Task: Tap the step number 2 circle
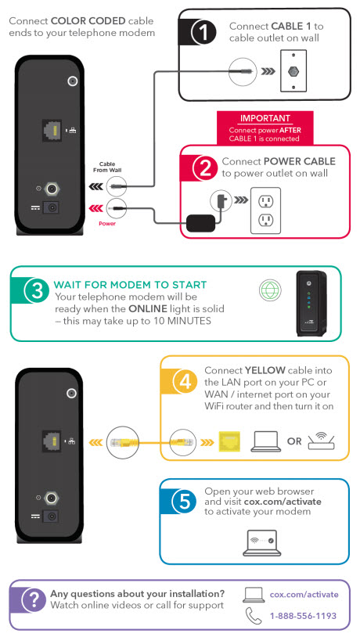coord(206,167)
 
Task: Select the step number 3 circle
coord(37,291)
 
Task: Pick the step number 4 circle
coord(185,381)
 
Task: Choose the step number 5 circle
coord(185,502)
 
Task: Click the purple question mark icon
coord(34,599)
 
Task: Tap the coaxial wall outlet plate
coord(293,71)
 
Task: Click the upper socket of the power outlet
coord(266,200)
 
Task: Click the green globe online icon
coord(270,291)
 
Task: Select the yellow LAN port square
coord(229,441)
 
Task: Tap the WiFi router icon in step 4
coord(321,441)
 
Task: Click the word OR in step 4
coord(294,441)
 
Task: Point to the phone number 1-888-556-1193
coord(303,616)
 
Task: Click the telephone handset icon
coord(254,615)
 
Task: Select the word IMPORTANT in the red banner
coord(265,119)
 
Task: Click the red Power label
coord(107,224)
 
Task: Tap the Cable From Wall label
coord(107,167)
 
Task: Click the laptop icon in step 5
coord(262,543)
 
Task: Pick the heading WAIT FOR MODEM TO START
coord(130,285)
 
